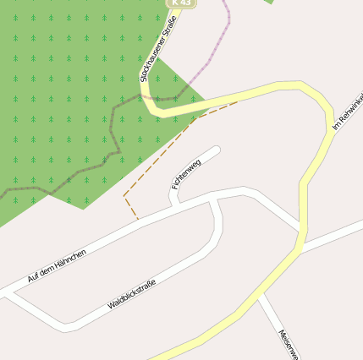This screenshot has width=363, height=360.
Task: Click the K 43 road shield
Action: [x=182, y=3]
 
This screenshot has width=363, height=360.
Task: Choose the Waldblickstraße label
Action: [x=132, y=293]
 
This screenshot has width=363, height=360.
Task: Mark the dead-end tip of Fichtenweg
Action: [x=216, y=150]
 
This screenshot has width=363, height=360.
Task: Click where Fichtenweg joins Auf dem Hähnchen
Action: [x=173, y=205]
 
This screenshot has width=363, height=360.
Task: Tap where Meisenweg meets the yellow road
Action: [x=261, y=295]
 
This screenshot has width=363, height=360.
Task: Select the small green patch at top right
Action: [x=270, y=2]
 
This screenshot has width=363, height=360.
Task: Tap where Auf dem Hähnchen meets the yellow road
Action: [x=300, y=228]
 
